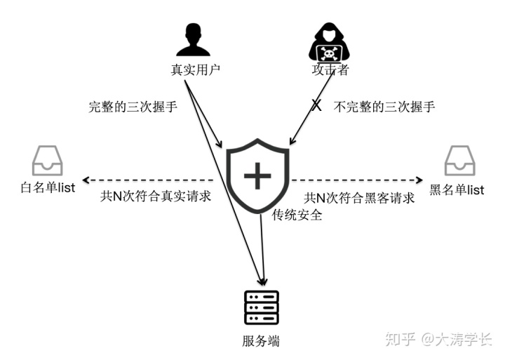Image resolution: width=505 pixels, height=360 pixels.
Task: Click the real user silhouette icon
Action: tap(194, 40)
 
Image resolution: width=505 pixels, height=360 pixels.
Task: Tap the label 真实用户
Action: tap(193, 70)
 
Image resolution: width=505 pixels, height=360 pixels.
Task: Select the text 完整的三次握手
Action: tap(133, 107)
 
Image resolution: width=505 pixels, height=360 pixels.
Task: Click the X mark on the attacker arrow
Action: tap(316, 106)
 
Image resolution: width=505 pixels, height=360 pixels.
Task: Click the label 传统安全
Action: tap(297, 215)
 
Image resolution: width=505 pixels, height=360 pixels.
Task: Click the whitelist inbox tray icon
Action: tap(47, 161)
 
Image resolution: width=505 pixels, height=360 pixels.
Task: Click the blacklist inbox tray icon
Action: tap(459, 161)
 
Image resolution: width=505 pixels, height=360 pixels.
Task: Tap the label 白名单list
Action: tap(48, 188)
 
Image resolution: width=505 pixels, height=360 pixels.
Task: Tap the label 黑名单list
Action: tap(457, 189)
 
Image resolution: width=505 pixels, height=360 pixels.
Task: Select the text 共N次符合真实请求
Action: tap(156, 196)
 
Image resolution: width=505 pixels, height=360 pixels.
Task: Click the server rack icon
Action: tap(262, 307)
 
